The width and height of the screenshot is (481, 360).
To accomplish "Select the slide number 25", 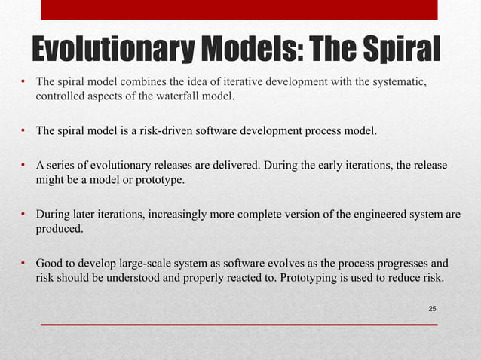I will point(432,309).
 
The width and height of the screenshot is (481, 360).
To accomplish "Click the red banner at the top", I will point(240,10).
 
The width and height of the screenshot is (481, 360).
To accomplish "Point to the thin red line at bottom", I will point(240,324).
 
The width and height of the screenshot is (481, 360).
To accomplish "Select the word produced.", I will point(60,229).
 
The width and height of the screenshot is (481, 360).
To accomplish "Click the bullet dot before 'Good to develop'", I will point(25,264).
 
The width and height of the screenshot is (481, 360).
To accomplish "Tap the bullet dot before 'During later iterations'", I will point(25,215).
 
